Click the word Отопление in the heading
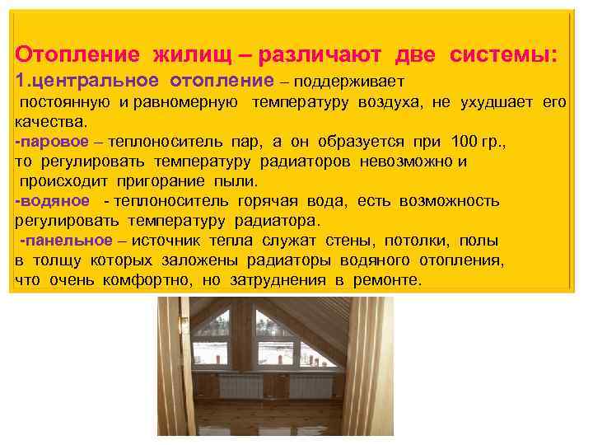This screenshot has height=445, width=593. point(78,54)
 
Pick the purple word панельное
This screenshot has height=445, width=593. point(68,241)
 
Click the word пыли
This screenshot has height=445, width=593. point(240,181)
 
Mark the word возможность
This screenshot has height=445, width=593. point(450,201)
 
